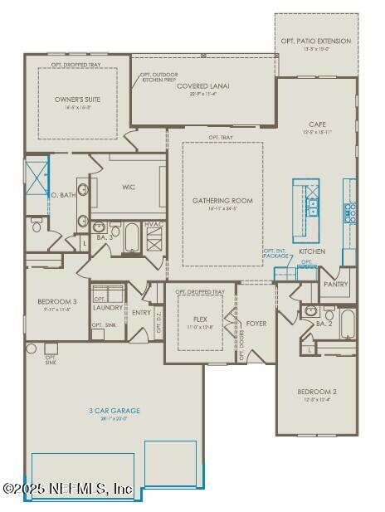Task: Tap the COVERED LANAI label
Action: tap(203, 86)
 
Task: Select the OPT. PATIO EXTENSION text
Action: tap(316, 41)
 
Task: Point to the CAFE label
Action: tap(318, 124)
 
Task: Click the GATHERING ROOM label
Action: tap(222, 201)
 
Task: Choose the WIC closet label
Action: tap(129, 187)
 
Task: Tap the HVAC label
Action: tap(154, 225)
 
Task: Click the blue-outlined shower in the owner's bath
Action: tap(37, 175)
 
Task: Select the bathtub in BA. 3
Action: tap(134, 238)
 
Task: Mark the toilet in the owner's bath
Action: tap(37, 225)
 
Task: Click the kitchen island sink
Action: tap(313, 206)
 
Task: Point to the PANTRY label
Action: tap(336, 284)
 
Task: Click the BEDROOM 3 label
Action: tap(57, 301)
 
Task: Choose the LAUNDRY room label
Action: tap(109, 308)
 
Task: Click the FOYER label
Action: tap(256, 323)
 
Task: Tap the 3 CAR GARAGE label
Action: tap(115, 411)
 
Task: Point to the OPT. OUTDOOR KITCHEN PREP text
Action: tap(158, 77)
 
